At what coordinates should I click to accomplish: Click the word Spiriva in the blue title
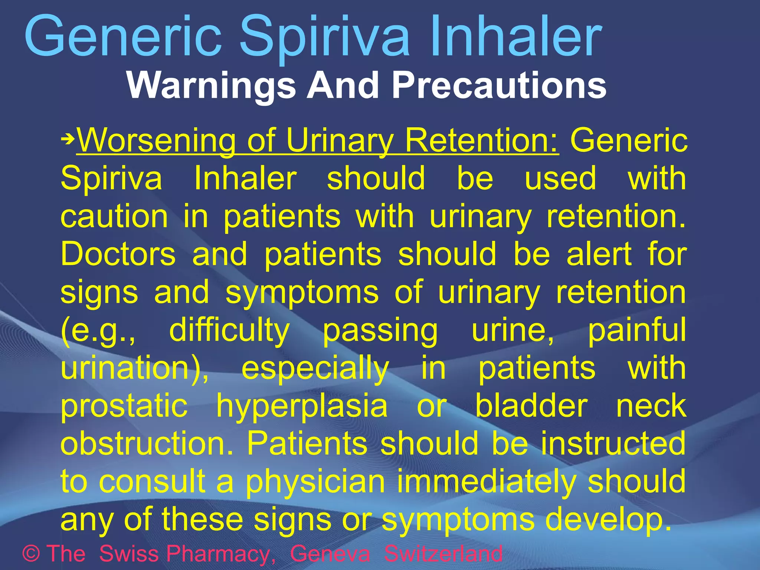coord(325,37)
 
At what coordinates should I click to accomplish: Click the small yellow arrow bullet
coord(68,140)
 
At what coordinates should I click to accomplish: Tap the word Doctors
coord(118,254)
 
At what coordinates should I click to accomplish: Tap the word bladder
coord(531,406)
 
